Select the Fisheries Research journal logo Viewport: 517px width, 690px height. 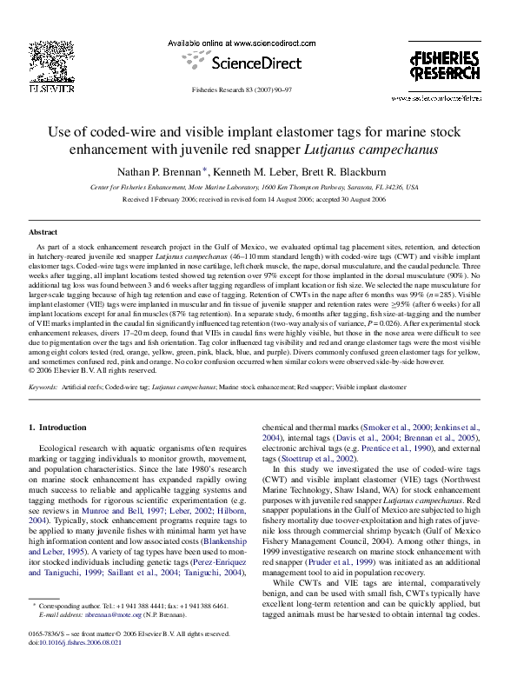[444, 66]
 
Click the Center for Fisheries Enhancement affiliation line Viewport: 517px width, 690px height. [255, 187]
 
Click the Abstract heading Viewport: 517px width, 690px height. [43, 233]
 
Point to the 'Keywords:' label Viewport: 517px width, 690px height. [43, 385]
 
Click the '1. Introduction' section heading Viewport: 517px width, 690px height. [58, 428]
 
